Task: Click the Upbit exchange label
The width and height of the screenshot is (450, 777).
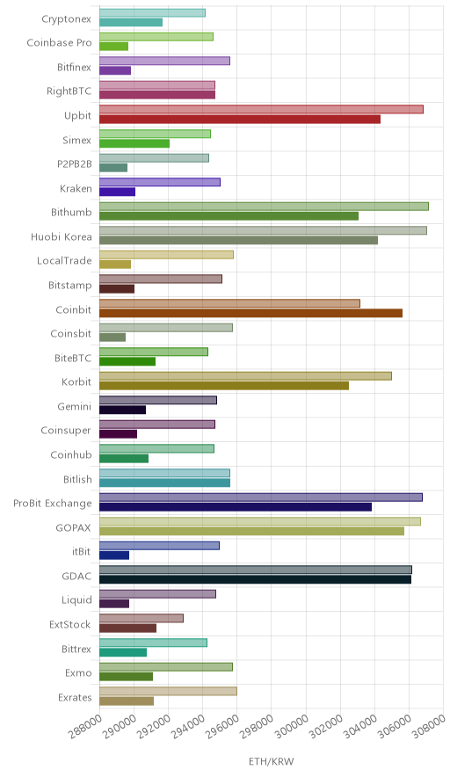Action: point(78,115)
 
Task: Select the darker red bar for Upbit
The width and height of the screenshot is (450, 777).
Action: point(240,120)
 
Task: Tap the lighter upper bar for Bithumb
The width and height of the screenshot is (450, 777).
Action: point(265,207)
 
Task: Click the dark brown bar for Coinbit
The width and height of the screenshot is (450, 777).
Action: point(250,313)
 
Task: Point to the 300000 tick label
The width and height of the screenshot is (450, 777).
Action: point(292,726)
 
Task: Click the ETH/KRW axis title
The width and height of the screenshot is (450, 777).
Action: point(271,762)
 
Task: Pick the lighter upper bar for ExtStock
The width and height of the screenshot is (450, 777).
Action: point(142,619)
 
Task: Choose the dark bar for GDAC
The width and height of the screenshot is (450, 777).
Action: point(255,579)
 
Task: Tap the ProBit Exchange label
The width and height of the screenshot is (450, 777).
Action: point(53,504)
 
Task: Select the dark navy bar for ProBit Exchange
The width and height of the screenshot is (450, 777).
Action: point(236,507)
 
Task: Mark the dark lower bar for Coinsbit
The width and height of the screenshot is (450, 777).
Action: point(112,338)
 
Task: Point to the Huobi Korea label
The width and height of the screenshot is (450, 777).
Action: point(62,236)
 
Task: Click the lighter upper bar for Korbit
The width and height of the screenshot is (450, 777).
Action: point(245,376)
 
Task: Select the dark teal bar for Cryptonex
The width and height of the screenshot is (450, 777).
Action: point(131,22)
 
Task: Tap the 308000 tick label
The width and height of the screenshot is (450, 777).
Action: point(429,726)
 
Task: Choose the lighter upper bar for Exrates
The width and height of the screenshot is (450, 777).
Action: point(168,691)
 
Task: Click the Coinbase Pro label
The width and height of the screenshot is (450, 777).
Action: point(60,42)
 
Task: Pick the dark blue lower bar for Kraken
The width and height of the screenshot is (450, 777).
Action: point(118,192)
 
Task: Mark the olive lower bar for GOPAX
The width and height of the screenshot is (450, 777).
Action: point(251,531)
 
